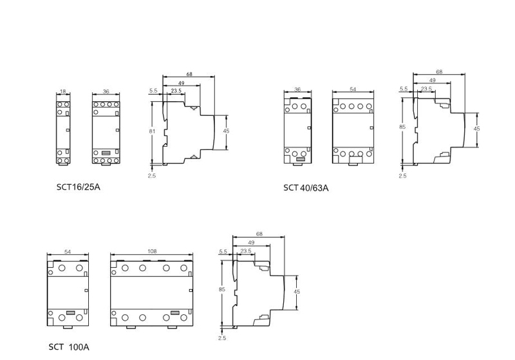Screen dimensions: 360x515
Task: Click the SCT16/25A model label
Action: pyautogui.click(x=79, y=187)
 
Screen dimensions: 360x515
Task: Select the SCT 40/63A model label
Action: pyautogui.click(x=306, y=187)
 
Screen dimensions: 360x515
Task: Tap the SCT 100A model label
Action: pyautogui.click(x=69, y=346)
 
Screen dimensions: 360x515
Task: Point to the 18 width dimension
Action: pyautogui.click(x=62, y=92)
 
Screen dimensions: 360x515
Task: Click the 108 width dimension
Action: pyautogui.click(x=152, y=252)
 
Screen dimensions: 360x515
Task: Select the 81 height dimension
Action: pyautogui.click(x=152, y=131)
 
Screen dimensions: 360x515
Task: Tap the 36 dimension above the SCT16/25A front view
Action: pyautogui.click(x=106, y=92)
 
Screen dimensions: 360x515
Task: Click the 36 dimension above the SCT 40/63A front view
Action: pyautogui.click(x=297, y=90)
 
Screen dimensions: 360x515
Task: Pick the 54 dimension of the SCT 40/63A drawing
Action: pyautogui.click(x=353, y=90)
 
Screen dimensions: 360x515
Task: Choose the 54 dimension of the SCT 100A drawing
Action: pyautogui.click(x=68, y=252)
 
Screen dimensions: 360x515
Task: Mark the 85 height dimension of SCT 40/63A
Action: pyautogui.click(x=402, y=127)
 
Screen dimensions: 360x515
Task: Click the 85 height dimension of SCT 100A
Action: pyautogui.click(x=222, y=290)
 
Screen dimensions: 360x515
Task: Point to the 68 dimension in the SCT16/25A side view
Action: pyautogui.click(x=189, y=75)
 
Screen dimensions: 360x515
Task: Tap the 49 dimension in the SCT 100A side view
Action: pyautogui.click(x=251, y=242)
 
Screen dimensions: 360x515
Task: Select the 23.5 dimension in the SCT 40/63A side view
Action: pyautogui.click(x=426, y=88)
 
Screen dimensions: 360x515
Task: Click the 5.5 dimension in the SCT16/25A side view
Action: pyautogui.click(x=153, y=91)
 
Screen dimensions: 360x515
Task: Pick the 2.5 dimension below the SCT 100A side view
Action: pyautogui.click(x=222, y=338)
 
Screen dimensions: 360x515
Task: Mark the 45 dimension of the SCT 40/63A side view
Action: pyautogui.click(x=477, y=128)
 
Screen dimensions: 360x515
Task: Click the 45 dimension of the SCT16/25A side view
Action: pyautogui.click(x=226, y=131)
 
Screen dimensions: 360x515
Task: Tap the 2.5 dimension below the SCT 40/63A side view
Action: pyautogui.click(x=402, y=176)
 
